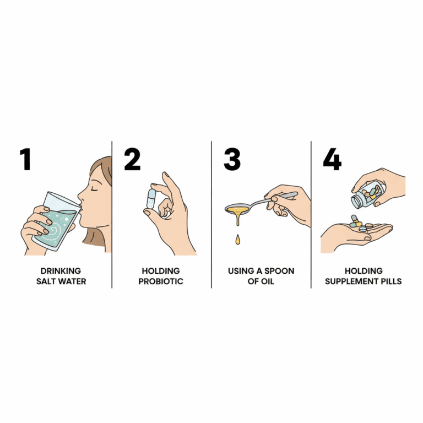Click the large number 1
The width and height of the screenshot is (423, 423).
click(25, 159)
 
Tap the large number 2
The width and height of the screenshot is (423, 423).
click(132, 159)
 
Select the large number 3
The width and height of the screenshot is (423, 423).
click(232, 159)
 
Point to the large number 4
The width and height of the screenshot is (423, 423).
click(332, 159)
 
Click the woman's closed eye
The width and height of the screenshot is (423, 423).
click(95, 187)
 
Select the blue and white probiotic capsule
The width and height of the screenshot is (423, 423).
click(151, 198)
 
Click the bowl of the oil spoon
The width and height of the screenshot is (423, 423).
click(238, 208)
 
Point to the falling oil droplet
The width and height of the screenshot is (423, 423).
click(237, 240)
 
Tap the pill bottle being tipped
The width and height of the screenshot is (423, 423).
click(367, 194)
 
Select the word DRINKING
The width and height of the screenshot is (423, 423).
click(61, 271)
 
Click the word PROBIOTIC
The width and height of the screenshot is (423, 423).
click(161, 281)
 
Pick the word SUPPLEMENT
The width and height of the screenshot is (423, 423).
click(351, 281)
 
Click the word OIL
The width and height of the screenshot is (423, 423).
click(268, 281)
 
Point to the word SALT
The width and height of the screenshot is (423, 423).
click(45, 281)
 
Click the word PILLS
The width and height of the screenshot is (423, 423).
click(391, 281)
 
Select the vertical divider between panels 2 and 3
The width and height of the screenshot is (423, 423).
click(211, 214)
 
